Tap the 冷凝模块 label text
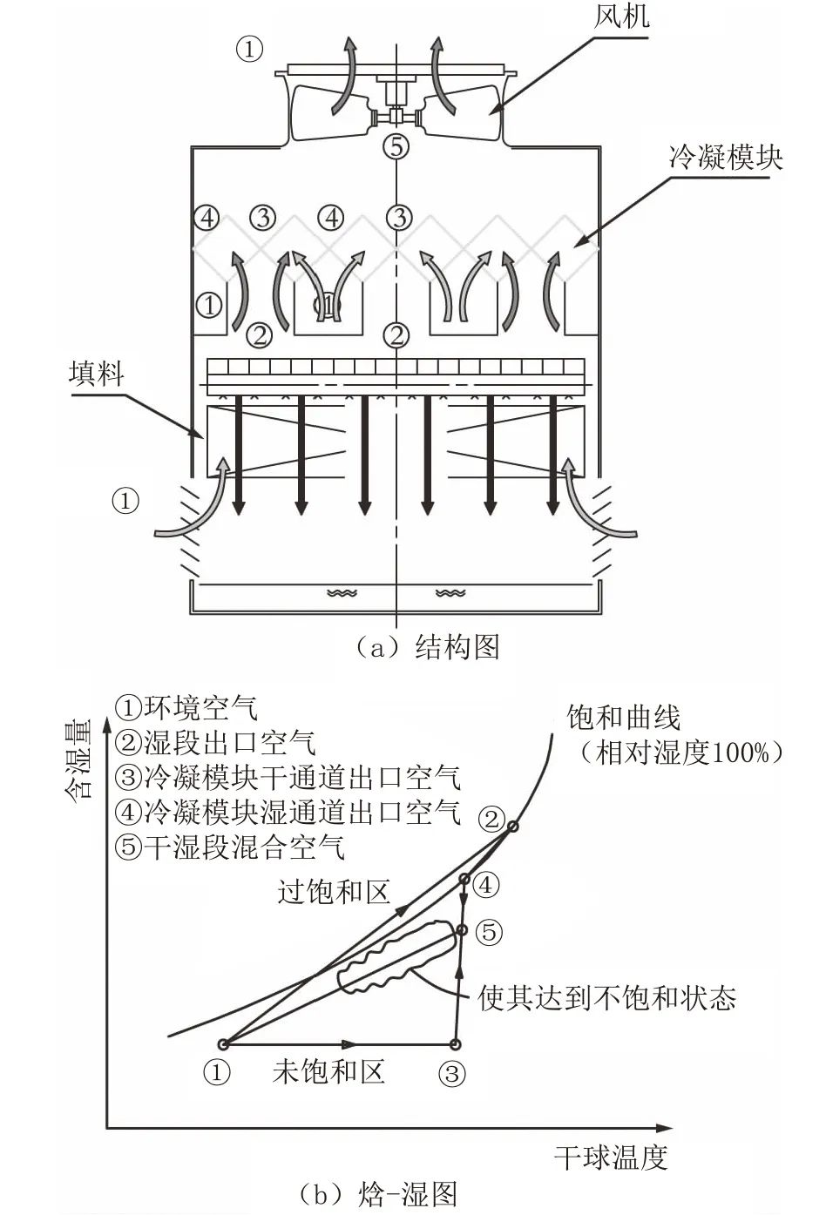[726, 157]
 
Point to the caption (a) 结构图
[427, 647]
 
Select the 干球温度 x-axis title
[611, 1157]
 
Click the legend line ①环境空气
[186, 707]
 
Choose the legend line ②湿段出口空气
[215, 742]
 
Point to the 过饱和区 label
[334, 890]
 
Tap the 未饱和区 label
[328, 1070]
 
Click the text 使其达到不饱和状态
[607, 997]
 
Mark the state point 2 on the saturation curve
[513, 827]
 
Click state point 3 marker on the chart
[455, 1043]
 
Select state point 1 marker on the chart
[223, 1043]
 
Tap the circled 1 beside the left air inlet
[126, 501]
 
